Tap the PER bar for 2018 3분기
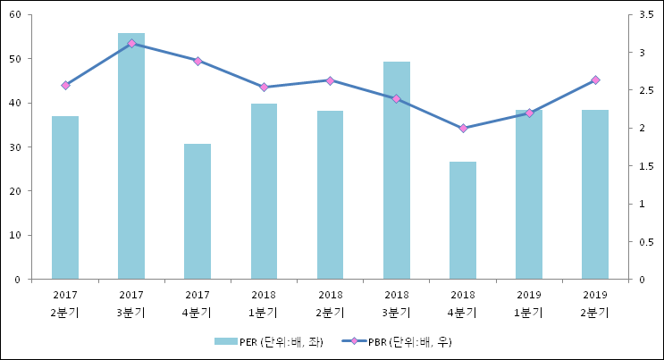click(x=397, y=171)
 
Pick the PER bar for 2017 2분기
click(x=65, y=197)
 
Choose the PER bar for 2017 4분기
click(x=198, y=212)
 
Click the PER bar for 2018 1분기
click(x=264, y=191)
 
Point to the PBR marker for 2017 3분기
click(x=131, y=43)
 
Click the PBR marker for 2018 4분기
click(x=463, y=128)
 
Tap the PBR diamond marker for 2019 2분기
click(x=595, y=80)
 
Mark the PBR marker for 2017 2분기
click(x=65, y=86)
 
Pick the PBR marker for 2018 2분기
click(x=330, y=80)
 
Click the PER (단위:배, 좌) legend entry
click(x=269, y=341)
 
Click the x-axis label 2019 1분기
click(x=529, y=303)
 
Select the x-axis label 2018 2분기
click(x=330, y=303)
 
